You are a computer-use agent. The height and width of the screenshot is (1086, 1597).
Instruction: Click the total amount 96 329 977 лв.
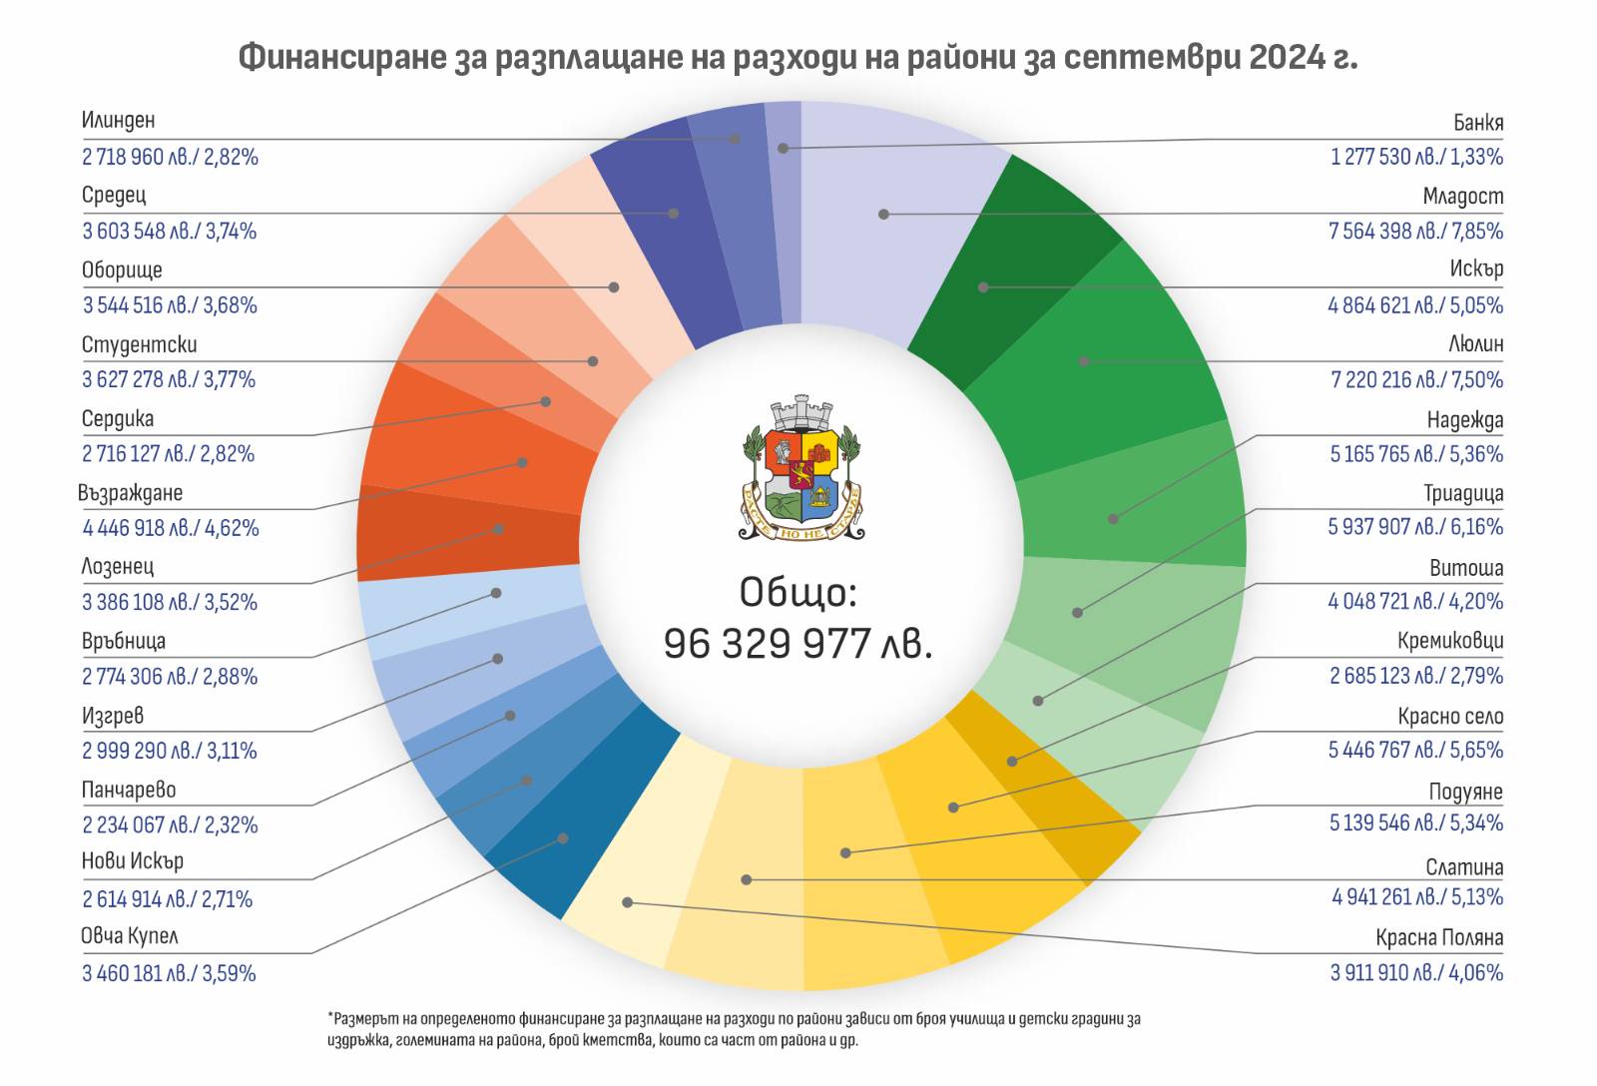coord(798,644)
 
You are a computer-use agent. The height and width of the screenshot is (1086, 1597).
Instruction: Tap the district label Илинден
coord(118,121)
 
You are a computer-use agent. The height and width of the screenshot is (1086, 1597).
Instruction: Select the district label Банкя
coord(1478,123)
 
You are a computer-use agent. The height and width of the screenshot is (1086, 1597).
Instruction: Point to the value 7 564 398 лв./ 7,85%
coord(1415,232)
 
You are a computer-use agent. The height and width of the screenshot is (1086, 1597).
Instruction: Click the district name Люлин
coord(1475,344)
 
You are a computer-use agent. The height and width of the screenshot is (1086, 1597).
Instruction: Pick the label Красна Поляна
coord(1439,938)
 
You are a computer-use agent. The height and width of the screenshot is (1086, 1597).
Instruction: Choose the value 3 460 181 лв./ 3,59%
coord(169,973)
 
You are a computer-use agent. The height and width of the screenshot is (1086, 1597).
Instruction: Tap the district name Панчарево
coord(129,791)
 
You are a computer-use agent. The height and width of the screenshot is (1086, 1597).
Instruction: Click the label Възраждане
coord(132,493)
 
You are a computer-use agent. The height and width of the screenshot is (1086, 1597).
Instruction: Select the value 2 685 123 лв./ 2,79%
coord(1415,677)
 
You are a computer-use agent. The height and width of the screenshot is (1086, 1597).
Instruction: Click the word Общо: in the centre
coord(798,593)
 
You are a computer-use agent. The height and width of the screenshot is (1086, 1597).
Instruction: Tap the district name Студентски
coord(139,345)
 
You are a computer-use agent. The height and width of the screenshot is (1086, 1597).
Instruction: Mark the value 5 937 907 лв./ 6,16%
coord(1415,527)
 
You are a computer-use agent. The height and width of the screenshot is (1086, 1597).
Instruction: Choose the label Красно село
coord(1450,717)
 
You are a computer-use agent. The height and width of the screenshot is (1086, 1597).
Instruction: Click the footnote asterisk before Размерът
coord(329,1018)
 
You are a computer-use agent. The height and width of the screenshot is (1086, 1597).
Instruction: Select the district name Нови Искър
coord(133,861)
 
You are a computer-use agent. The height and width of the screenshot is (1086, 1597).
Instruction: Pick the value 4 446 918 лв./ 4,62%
coord(171,528)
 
